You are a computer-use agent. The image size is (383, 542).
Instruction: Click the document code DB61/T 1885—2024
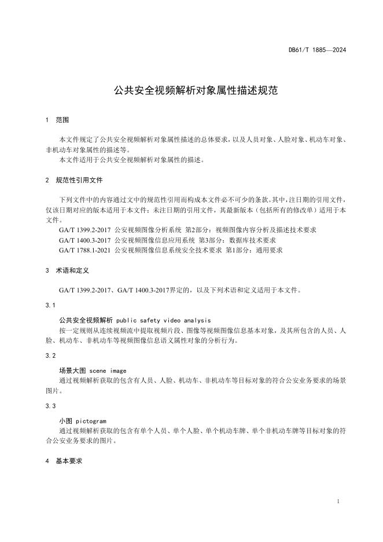(x=317, y=50)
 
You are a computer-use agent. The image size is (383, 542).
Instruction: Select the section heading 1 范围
(x=57, y=120)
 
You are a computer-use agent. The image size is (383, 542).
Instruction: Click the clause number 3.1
(x=50, y=305)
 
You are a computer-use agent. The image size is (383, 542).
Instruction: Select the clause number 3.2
(x=50, y=355)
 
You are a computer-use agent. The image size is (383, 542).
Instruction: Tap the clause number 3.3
(x=50, y=406)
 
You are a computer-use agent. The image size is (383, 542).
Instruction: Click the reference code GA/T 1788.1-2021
(x=85, y=250)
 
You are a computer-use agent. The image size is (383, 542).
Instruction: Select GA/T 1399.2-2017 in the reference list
(x=85, y=230)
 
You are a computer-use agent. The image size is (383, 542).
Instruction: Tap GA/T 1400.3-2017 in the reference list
(x=85, y=240)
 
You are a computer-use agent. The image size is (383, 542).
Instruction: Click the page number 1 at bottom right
(x=337, y=501)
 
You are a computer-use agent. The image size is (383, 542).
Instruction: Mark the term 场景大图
(x=70, y=371)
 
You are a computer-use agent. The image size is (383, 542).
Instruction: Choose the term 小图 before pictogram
(x=65, y=421)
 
